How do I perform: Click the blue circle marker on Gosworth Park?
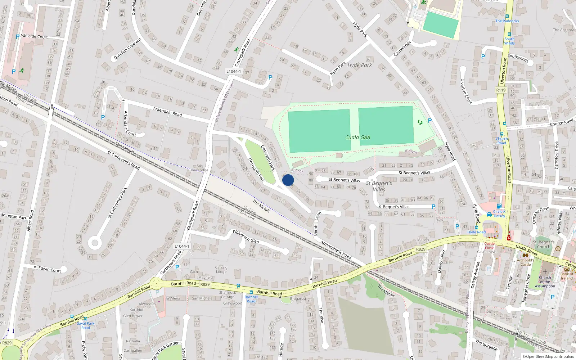[288, 180]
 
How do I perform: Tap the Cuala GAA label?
[357, 137]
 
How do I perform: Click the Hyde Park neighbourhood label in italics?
[360, 65]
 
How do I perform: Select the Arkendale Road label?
[167, 112]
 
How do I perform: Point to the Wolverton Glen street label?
[246, 236]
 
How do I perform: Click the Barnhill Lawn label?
[317, 224]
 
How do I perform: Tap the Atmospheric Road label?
[336, 249]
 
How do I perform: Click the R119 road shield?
[501, 90]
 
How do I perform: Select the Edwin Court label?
[50, 269]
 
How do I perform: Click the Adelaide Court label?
[34, 36]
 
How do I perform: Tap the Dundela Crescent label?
[127, 49]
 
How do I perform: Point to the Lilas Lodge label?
[199, 170]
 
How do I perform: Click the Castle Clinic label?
[489, 246]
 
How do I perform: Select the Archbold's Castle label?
[526, 262]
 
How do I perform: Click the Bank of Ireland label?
[567, 276]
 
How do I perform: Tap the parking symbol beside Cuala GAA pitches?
[429, 121]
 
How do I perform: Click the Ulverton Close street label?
[466, 91]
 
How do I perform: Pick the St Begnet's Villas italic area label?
[379, 186]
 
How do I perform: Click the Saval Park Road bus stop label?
[86, 325]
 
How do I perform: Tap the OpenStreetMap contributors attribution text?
[549, 356]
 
